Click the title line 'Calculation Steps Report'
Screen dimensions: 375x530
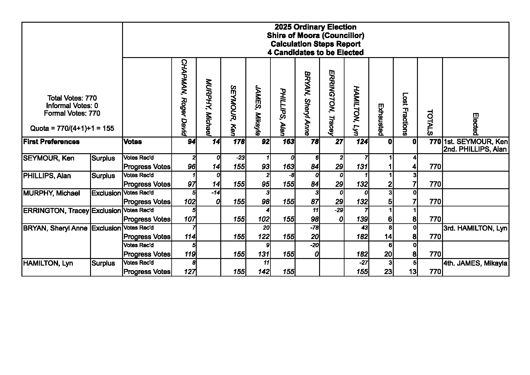pos(315,44)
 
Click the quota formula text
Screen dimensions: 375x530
pos(72,128)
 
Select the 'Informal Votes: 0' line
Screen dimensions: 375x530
pos(72,106)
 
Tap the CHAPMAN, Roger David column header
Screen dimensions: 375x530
pos(184,97)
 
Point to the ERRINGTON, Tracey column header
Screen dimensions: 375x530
pos(332,103)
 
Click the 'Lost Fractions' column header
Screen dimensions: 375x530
pos(405,114)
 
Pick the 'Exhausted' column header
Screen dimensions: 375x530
pos(381,119)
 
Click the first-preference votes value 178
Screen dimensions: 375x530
pos(239,142)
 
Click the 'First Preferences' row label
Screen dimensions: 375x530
pos(51,142)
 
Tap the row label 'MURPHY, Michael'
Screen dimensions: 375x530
pos(52,193)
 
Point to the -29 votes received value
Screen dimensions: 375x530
pos(339,210)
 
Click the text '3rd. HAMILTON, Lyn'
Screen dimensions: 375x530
pos(475,228)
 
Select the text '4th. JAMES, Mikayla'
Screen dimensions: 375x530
pos(475,263)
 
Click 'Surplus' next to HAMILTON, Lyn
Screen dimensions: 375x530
pos(103,263)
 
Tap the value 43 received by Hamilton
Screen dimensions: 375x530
pos(365,228)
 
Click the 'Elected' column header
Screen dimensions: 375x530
pos(475,124)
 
